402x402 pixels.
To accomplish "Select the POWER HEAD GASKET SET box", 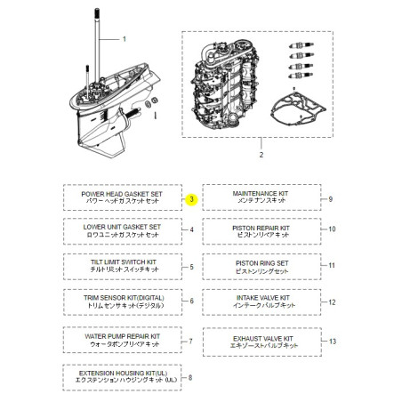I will [x=121, y=197].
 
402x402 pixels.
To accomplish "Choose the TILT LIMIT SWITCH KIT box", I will [x=121, y=266].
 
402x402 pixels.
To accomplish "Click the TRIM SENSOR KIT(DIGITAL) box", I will [x=121, y=301].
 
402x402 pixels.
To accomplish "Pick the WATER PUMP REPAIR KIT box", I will [x=121, y=340].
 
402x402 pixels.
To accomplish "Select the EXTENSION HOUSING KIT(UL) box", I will [x=121, y=378].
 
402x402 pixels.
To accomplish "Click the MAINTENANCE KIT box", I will [x=261, y=197].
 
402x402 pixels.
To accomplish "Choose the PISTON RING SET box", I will [x=261, y=266].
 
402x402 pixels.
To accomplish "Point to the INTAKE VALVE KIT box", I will [x=261, y=302].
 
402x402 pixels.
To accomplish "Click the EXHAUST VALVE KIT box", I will [x=261, y=340].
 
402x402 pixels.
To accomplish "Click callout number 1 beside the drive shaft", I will [x=125, y=39].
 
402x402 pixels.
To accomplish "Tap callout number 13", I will [x=332, y=341].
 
